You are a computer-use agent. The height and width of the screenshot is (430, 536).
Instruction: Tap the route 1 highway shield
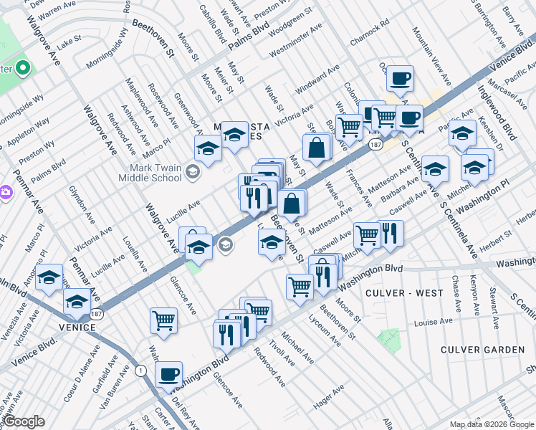[141, 371]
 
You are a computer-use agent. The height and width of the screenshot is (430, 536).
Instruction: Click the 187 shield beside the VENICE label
[96, 313]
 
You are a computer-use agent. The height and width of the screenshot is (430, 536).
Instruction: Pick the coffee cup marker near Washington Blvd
[168, 373]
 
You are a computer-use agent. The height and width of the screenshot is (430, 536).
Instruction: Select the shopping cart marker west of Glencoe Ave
[164, 320]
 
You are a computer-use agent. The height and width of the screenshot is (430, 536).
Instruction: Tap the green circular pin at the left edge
[23, 69]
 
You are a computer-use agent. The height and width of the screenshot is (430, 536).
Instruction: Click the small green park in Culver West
[389, 337]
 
